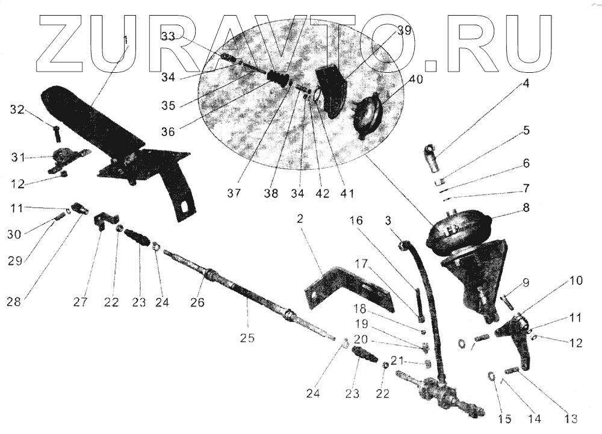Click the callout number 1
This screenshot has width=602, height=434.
126,40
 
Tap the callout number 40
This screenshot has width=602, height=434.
415,79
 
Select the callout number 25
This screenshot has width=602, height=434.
248,338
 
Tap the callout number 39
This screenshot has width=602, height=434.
405,31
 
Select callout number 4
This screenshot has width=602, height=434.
526,84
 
